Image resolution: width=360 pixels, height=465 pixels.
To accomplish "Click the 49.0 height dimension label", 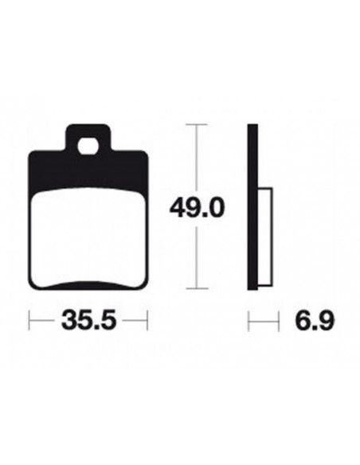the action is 195,208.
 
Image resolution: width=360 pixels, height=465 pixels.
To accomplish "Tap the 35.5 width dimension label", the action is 88,320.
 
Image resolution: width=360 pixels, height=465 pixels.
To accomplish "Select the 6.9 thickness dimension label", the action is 315,320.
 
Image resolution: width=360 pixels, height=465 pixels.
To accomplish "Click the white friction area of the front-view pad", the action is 88,237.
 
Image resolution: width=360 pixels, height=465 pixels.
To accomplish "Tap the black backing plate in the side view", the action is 252,207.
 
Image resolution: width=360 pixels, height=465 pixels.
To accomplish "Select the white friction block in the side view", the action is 264,237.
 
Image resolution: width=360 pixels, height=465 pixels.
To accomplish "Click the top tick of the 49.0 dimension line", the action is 196,125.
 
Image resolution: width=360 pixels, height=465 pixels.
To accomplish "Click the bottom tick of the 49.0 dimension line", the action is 196,288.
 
